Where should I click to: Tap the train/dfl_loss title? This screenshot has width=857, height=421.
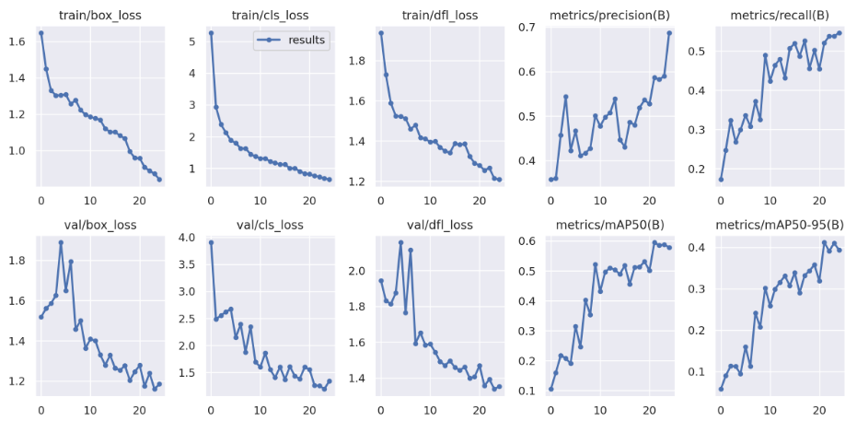click(x=439, y=16)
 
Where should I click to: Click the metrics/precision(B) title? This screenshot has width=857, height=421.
click(x=609, y=16)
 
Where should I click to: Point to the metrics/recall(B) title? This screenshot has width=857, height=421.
click(x=779, y=16)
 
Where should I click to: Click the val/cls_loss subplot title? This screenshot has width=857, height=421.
click(x=270, y=224)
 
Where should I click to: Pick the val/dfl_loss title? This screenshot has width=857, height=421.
click(x=439, y=224)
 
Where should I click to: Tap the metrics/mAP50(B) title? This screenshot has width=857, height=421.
click(x=609, y=224)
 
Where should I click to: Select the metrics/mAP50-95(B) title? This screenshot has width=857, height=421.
click(x=779, y=224)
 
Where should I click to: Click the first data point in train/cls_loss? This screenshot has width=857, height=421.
click(x=211, y=33)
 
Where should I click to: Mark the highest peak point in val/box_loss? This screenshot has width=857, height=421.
click(x=61, y=242)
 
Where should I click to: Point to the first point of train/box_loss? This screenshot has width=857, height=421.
click(x=41, y=33)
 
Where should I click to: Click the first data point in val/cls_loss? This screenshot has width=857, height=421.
click(x=211, y=242)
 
